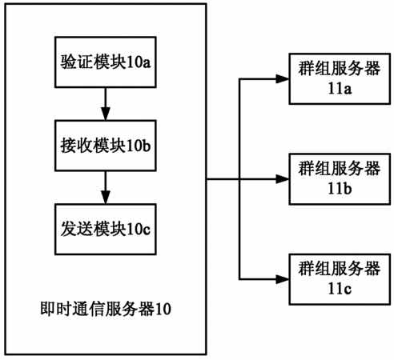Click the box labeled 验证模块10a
106,62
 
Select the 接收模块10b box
106,146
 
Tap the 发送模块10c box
106,230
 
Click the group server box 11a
340,78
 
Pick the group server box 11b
340,179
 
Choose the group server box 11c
340,279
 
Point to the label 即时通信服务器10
106,309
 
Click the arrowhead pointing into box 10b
106,114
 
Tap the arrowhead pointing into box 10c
106,198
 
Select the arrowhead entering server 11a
283,78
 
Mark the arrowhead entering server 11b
283,179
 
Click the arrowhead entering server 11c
283,279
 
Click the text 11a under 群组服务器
340,88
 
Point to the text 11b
340,188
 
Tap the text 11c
340,289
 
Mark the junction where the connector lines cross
239,179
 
